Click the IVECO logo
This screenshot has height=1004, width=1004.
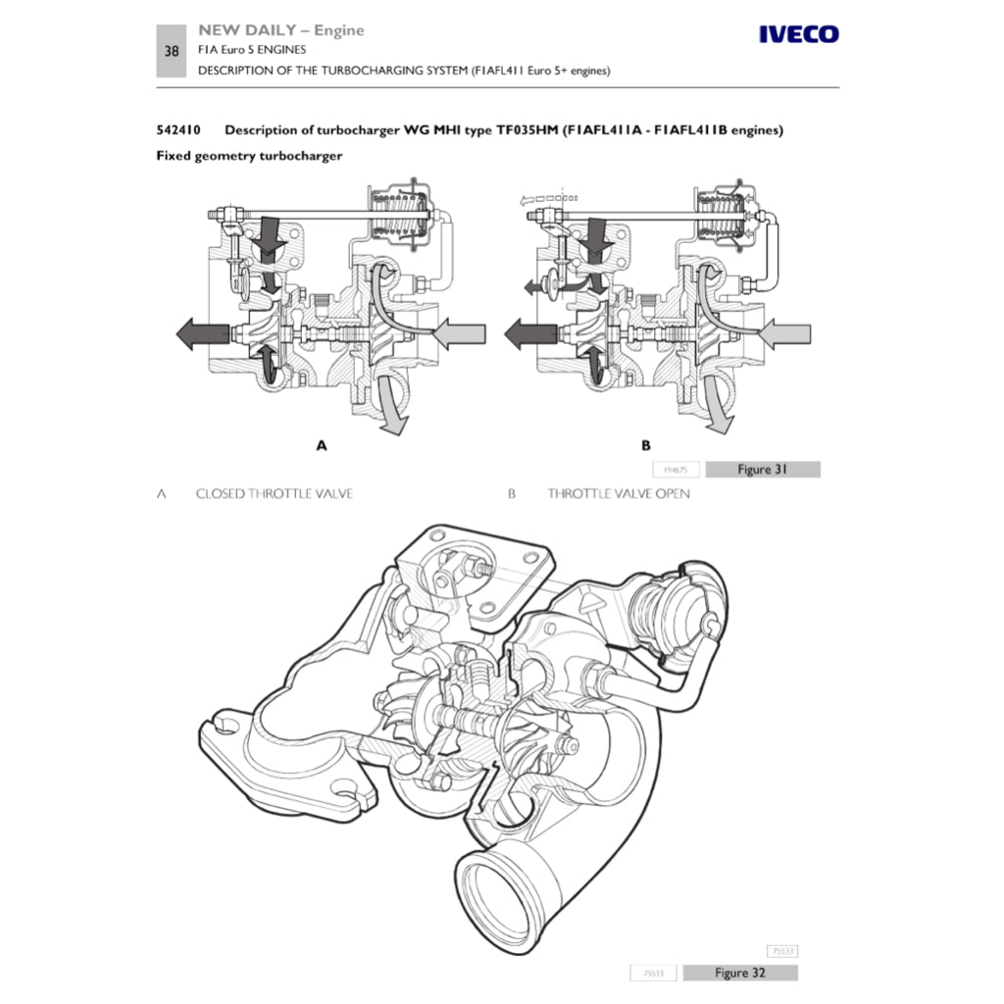click(x=799, y=35)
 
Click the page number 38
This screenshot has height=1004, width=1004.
click(x=172, y=51)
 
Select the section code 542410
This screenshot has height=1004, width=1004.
click(x=178, y=130)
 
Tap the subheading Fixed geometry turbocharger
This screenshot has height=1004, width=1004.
click(x=249, y=156)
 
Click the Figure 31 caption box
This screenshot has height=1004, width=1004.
click(x=762, y=470)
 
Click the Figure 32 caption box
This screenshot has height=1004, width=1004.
click(x=739, y=973)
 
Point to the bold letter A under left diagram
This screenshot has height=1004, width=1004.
click(x=321, y=445)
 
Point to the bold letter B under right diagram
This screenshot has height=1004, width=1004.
click(x=646, y=445)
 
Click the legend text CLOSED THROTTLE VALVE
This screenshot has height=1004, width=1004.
click(x=274, y=493)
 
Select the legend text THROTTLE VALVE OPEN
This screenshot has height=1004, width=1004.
click(x=618, y=493)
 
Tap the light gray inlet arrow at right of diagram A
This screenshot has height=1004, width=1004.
click(x=457, y=335)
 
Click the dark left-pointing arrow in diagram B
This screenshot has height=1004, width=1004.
click(x=530, y=334)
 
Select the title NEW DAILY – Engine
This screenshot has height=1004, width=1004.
click(x=280, y=30)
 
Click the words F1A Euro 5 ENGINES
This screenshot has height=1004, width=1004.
click(x=252, y=50)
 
